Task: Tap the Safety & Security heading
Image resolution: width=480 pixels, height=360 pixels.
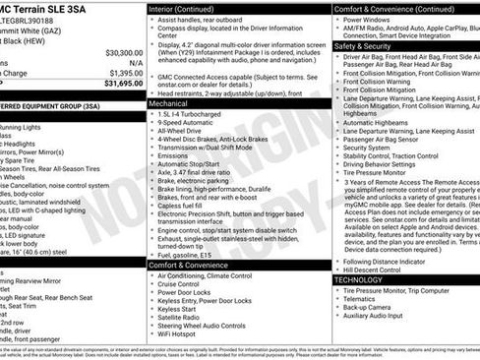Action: coord(362,45)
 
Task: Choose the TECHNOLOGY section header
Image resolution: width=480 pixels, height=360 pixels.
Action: coord(364,279)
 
